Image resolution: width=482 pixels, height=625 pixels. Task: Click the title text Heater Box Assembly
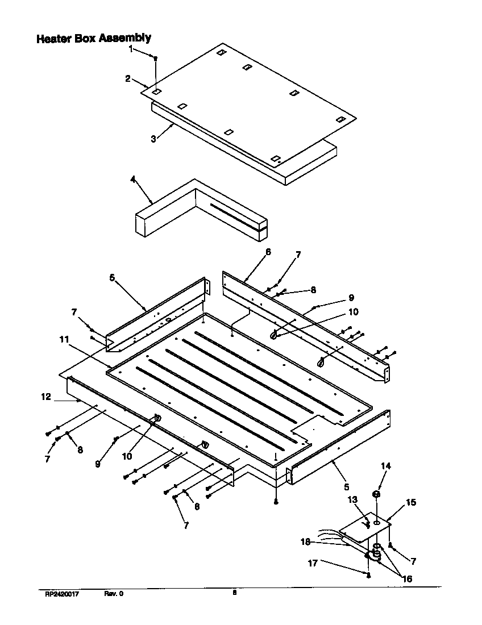[94, 39]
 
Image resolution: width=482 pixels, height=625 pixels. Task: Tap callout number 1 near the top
[130, 49]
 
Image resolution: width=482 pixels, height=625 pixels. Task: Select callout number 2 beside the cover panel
[128, 78]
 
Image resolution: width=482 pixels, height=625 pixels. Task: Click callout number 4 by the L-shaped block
[132, 180]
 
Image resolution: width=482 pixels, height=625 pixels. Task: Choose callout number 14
[385, 466]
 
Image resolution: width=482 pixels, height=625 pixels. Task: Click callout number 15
[410, 502]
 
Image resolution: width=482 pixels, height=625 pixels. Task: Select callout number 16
[406, 579]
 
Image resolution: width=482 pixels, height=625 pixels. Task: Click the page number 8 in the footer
[234, 593]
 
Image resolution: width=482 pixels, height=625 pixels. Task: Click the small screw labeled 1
[156, 58]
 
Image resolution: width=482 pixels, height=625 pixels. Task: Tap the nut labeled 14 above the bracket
[376, 494]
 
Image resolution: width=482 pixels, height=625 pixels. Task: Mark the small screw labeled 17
[369, 575]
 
